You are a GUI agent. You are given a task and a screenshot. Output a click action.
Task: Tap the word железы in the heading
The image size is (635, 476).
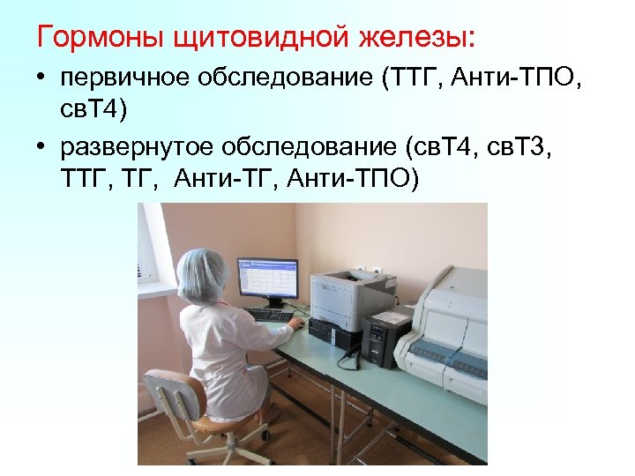click(402, 38)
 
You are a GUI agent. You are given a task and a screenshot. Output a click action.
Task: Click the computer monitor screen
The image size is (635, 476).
click(266, 281)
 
